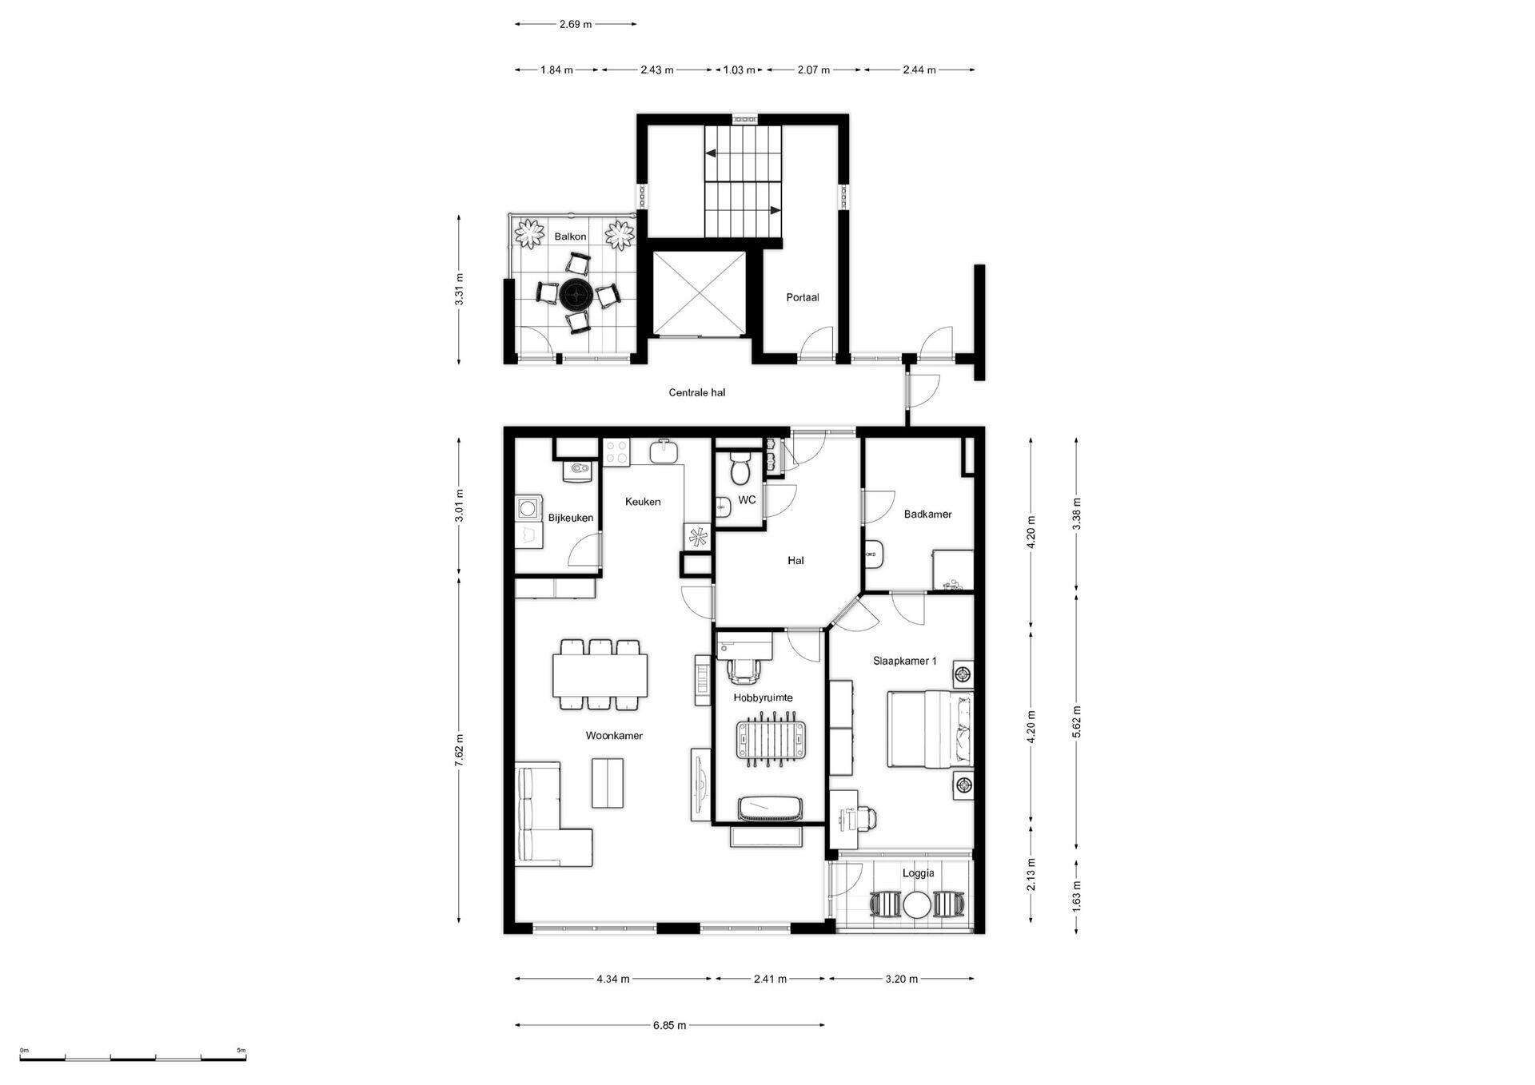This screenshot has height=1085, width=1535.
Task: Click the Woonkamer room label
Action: (x=614, y=736)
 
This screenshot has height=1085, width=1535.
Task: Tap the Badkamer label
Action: (x=927, y=515)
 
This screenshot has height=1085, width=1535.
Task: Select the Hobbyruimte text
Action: (x=763, y=697)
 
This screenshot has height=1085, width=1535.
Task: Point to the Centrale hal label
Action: (x=697, y=392)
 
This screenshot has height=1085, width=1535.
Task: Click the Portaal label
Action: (x=803, y=297)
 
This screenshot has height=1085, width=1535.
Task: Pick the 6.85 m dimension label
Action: (x=669, y=1025)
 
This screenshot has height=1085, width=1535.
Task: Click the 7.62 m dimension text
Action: (x=459, y=750)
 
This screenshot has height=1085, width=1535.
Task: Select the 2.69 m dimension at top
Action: (x=575, y=24)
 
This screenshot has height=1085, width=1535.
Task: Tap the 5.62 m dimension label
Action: (x=1077, y=721)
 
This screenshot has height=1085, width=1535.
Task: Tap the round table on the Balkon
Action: (x=576, y=295)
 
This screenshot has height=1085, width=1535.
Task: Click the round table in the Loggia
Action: (x=917, y=905)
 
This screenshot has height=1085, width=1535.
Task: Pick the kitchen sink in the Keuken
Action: (x=664, y=451)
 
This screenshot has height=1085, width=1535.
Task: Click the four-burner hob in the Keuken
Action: (x=616, y=452)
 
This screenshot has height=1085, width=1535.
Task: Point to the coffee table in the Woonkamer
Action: (x=608, y=783)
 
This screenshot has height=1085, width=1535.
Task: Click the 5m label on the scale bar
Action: (x=241, y=1051)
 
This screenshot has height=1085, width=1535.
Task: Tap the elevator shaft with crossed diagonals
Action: (x=700, y=293)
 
